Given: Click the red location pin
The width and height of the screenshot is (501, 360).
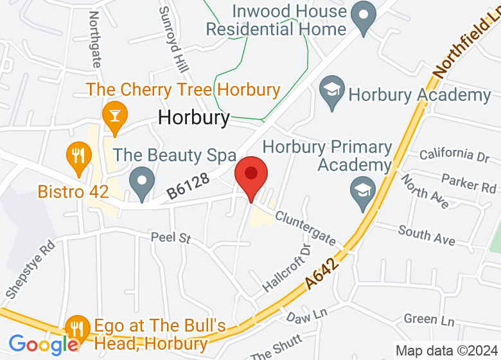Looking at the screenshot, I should (251, 175).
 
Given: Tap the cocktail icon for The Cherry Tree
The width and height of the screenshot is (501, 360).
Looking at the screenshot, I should (115, 116).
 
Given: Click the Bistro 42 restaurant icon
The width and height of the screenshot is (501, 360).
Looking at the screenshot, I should (78, 155).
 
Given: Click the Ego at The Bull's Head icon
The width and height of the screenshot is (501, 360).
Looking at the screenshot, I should (78, 328).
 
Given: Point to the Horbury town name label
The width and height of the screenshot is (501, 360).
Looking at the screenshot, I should (193, 118).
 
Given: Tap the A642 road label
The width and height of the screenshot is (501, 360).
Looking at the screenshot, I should (322, 272).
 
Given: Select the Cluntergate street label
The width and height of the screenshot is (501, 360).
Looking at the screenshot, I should (305, 228).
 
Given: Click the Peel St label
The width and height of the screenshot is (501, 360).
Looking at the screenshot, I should (171, 238).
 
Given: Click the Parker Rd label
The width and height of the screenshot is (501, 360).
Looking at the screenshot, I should (469, 183).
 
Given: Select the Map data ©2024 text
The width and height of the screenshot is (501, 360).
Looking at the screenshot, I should (446, 351).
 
